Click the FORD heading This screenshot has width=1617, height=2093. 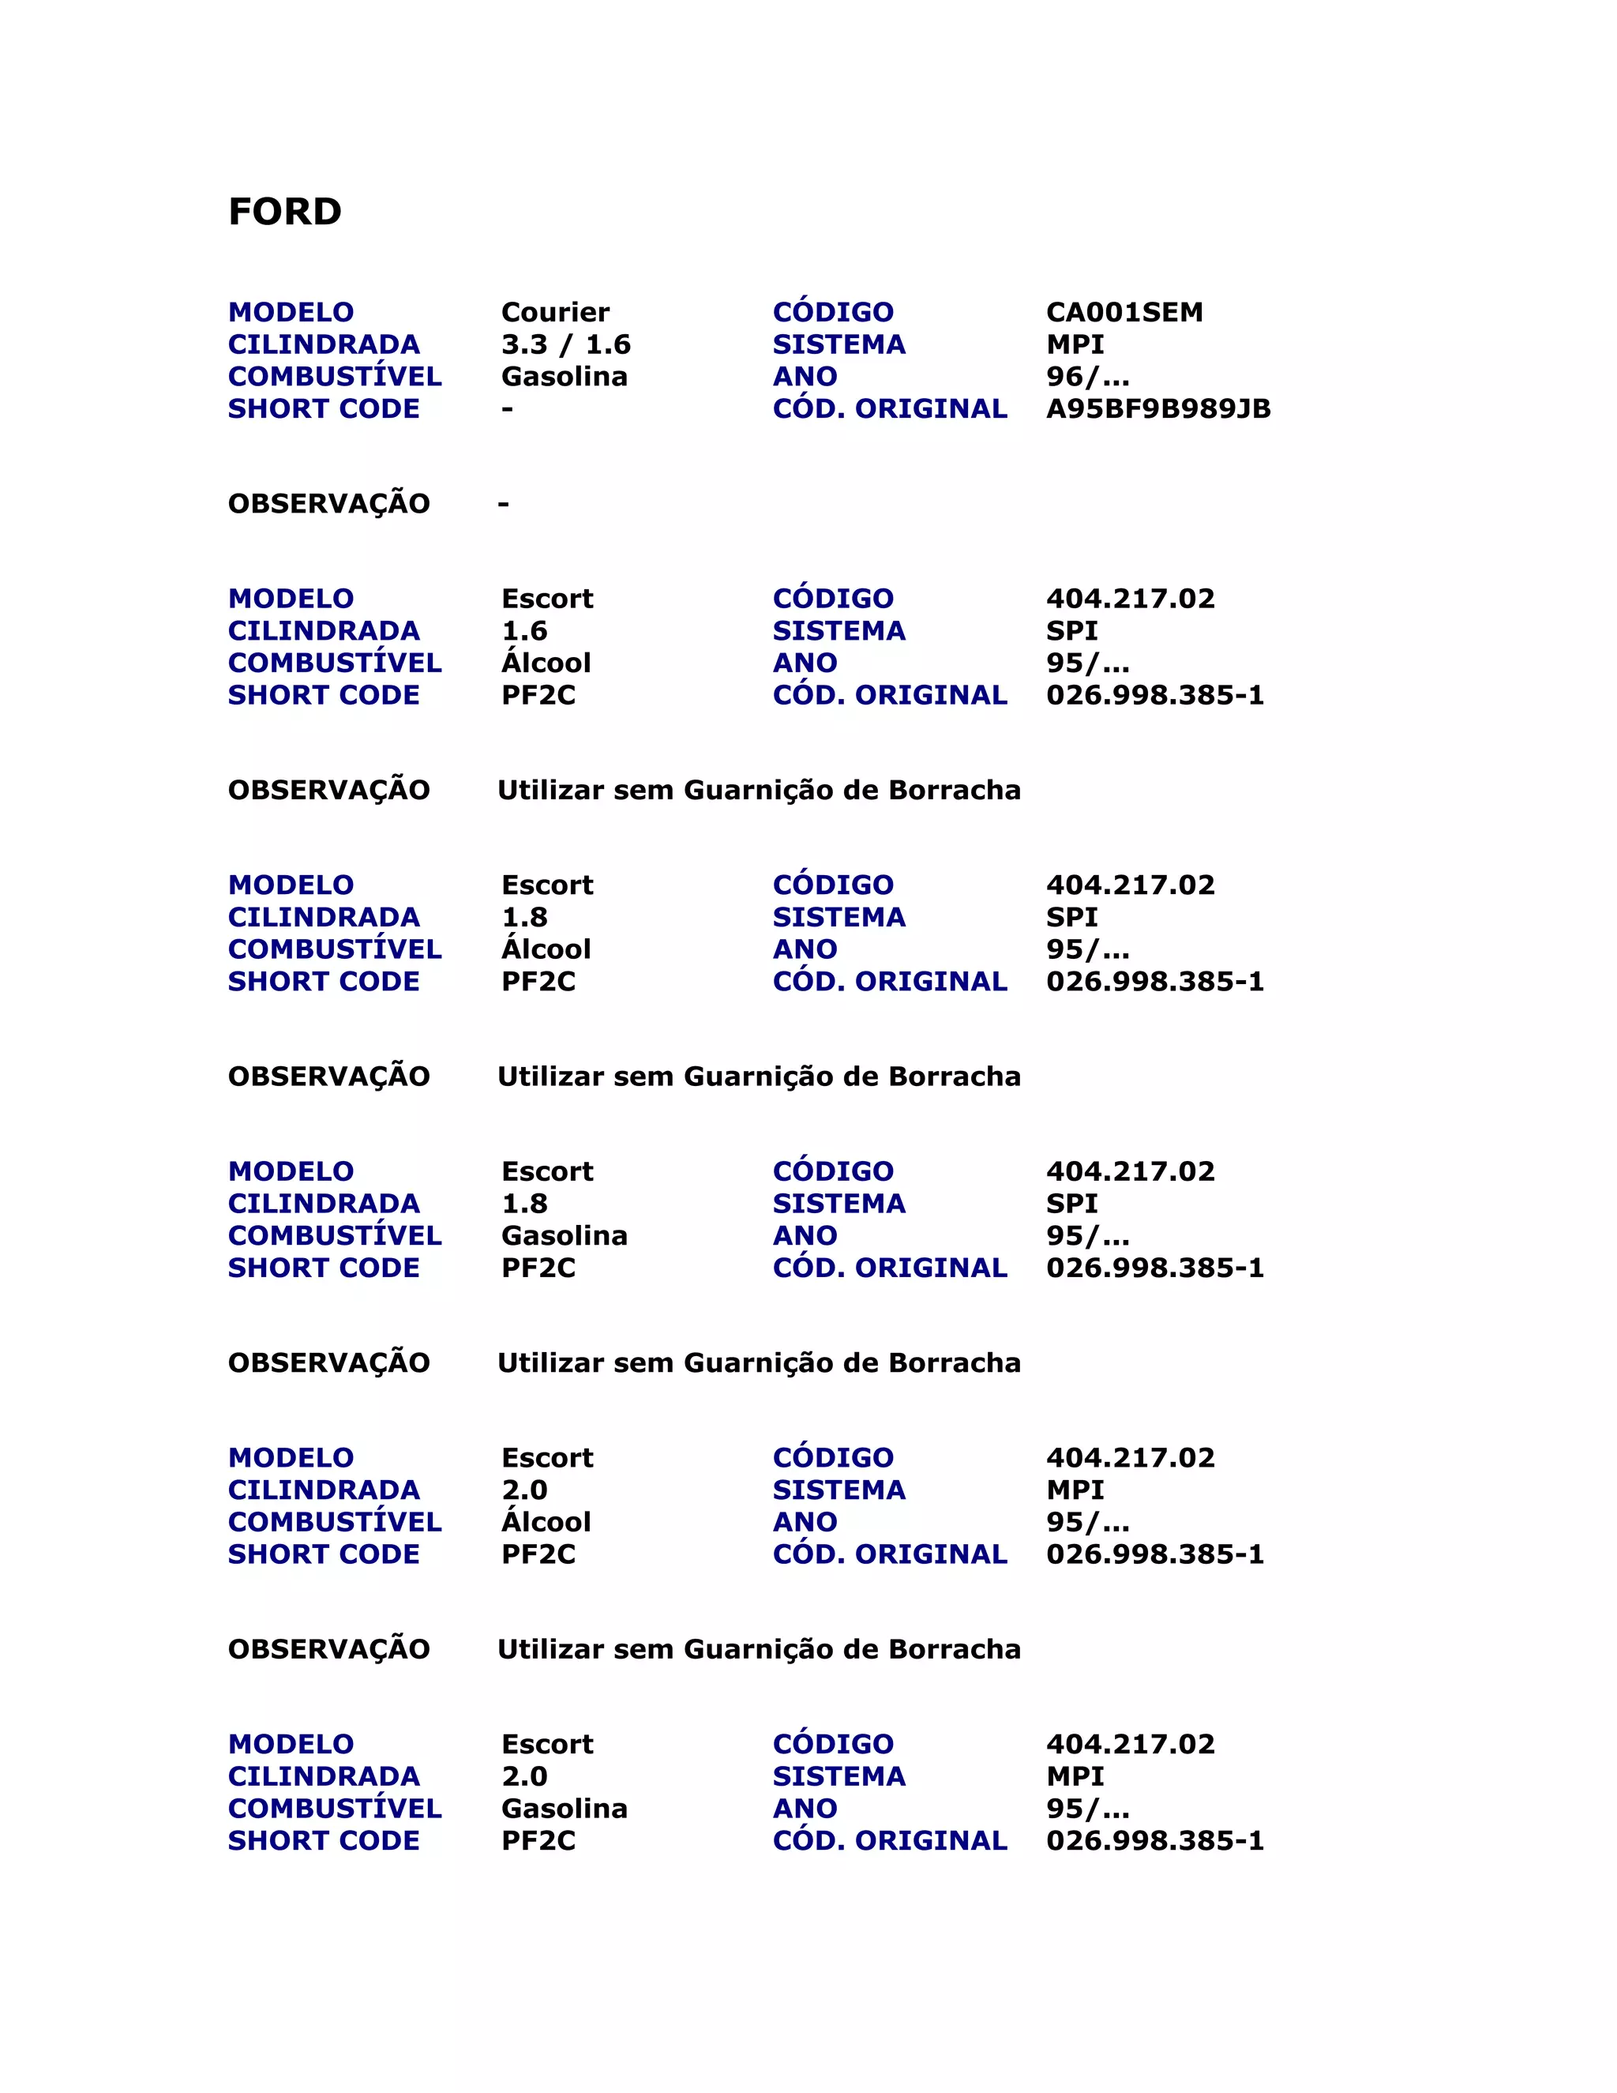(284, 212)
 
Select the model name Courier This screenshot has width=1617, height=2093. (554, 313)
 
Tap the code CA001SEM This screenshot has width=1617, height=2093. (1124, 313)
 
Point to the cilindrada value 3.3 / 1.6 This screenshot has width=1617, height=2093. (565, 345)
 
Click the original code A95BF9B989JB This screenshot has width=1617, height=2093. (1157, 409)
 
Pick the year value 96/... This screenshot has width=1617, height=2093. (1087, 377)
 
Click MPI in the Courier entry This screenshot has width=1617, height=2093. (1075, 345)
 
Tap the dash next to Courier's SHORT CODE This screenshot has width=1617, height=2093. (507, 409)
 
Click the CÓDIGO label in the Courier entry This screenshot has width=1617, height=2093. (832, 313)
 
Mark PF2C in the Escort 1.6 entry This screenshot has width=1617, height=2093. (538, 696)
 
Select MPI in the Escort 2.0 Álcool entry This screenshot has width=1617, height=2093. (1075, 1490)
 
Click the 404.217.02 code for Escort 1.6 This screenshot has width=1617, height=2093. (1129, 599)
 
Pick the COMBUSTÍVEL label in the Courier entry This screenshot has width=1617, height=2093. (334, 377)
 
